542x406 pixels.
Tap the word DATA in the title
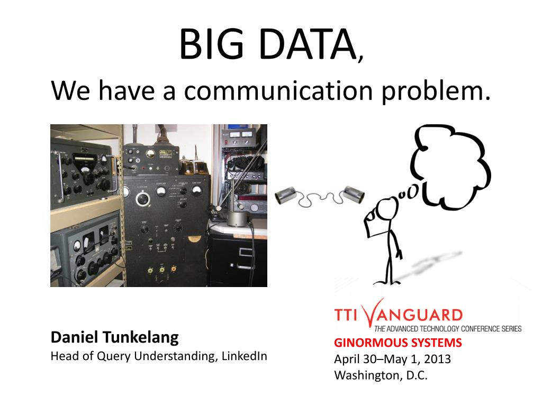coord(308,44)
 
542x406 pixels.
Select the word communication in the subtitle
coord(278,90)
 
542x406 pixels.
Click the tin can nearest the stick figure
coord(354,195)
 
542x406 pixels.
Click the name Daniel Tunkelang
coord(114,337)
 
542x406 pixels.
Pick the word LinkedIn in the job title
coord(244,356)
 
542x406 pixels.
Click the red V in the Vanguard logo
coord(374,312)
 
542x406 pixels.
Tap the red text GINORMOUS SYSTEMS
coord(398,343)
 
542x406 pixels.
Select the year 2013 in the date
coord(437,359)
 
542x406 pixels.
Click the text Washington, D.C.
coord(381,375)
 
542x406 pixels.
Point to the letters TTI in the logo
coord(345,315)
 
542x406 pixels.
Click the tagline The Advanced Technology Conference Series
coord(448,329)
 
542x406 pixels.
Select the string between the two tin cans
coord(320,198)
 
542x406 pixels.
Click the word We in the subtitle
coord(70,90)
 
